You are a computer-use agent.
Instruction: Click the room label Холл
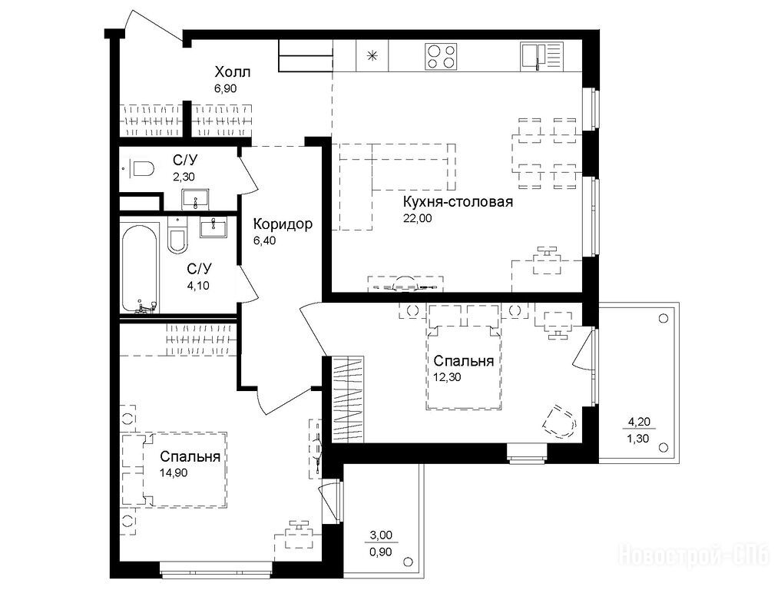tap(232, 72)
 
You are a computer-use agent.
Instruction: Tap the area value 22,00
tap(418, 218)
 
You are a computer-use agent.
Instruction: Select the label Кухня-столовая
tap(458, 202)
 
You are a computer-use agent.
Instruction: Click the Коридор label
tap(283, 224)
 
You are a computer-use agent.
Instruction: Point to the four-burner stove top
tap(441, 56)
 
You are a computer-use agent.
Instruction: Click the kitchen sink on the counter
tap(541, 55)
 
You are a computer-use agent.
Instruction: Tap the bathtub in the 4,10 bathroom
tap(140, 269)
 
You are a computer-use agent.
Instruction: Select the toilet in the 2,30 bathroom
tap(142, 169)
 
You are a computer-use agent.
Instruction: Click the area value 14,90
tap(174, 472)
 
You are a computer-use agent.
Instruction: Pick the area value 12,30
tap(447, 377)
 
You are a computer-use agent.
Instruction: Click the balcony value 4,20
tap(639, 422)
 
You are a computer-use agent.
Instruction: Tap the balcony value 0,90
tap(381, 552)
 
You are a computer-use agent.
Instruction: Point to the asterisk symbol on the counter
tap(372, 56)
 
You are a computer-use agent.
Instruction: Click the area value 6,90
tap(225, 88)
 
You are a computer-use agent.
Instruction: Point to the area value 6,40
tap(264, 240)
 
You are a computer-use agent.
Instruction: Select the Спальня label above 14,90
tap(190, 456)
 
